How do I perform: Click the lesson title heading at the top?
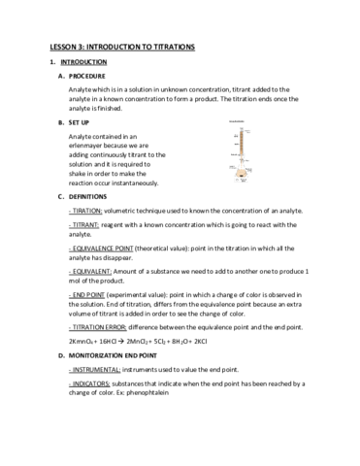click(122, 47)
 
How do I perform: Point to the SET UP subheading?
click(83, 123)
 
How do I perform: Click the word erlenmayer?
click(90, 148)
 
